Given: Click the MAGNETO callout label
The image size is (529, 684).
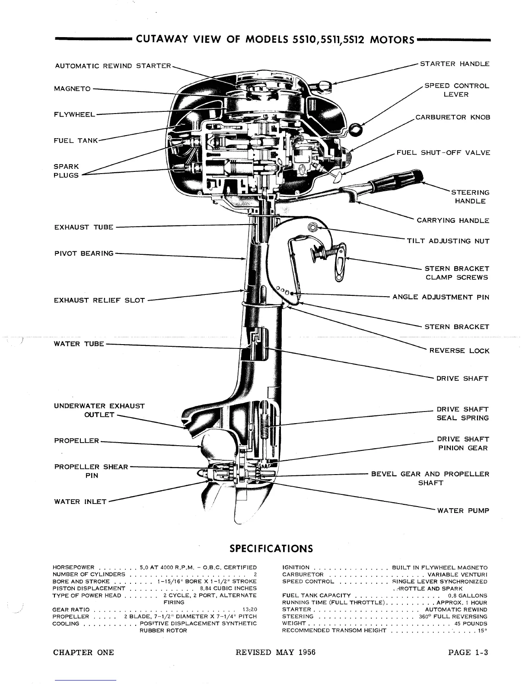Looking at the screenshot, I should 72,89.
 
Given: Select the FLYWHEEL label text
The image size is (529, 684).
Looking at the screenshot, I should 74,114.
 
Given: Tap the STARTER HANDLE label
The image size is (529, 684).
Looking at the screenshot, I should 455,64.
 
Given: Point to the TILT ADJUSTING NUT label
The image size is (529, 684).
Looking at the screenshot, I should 448,241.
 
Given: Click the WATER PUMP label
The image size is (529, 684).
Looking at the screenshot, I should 463,511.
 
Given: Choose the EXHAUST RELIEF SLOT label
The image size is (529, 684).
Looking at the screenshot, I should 99,300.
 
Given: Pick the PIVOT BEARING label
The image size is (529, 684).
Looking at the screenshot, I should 84,253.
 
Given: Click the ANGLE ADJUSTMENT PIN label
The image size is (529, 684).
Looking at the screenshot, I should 441,297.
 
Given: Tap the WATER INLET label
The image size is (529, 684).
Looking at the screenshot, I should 80,502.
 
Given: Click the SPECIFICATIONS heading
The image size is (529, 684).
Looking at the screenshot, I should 271,548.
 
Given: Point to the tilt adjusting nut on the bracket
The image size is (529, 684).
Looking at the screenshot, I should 312,228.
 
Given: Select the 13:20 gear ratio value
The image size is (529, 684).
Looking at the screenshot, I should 250,610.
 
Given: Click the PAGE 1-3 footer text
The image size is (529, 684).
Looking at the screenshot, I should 468,652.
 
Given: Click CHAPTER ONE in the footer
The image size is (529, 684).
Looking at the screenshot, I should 83,652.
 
